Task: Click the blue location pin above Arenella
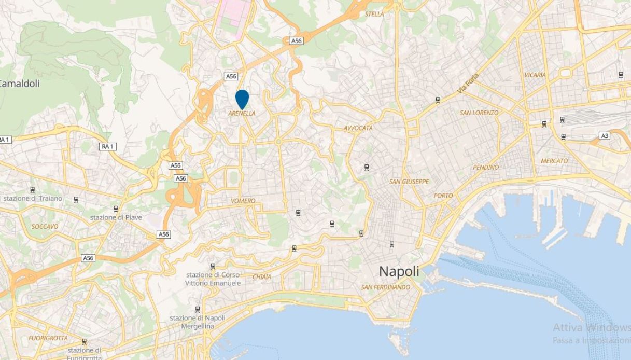pyautogui.click(x=242, y=99)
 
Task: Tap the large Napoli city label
pyautogui.click(x=399, y=271)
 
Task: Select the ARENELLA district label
pyautogui.click(x=242, y=113)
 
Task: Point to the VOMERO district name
pyautogui.click(x=243, y=201)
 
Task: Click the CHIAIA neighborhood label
pyautogui.click(x=262, y=277)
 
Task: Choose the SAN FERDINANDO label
pyautogui.click(x=386, y=287)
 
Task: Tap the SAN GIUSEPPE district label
pyautogui.click(x=409, y=182)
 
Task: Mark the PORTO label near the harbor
pyautogui.click(x=443, y=196)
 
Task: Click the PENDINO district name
pyautogui.click(x=486, y=167)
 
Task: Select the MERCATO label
pyautogui.click(x=554, y=161)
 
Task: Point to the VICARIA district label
pyautogui.click(x=535, y=75)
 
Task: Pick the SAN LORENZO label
pyautogui.click(x=479, y=113)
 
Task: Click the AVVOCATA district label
pyautogui.click(x=358, y=128)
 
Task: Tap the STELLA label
pyautogui.click(x=374, y=14)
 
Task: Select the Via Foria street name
pyautogui.click(x=468, y=84)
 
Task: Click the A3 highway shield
pyautogui.click(x=604, y=135)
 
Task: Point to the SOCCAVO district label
pyautogui.click(x=45, y=227)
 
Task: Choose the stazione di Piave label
pyautogui.click(x=116, y=217)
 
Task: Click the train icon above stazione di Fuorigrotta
pyautogui.click(x=84, y=341)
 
